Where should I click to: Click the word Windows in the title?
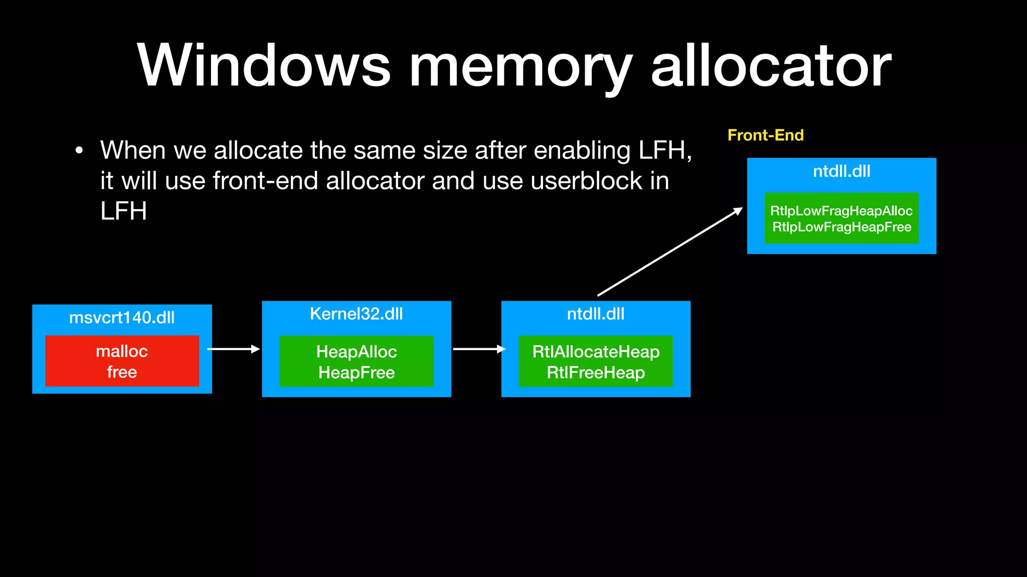pos(264,66)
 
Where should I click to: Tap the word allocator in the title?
pos(771,66)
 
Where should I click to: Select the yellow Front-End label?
pos(765,135)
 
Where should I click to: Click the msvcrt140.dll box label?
pos(122,318)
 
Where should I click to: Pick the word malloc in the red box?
pos(122,351)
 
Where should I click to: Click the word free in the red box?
pos(122,372)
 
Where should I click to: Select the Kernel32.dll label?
pos(356,314)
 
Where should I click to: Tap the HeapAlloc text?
pos(356,352)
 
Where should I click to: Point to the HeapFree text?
pos(356,373)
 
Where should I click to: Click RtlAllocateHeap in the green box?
pos(596,352)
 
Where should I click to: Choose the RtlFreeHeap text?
pos(596,373)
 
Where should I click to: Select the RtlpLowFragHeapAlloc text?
pos(841,211)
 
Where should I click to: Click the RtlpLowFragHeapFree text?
pos(841,227)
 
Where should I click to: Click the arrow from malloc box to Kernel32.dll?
pos(233,349)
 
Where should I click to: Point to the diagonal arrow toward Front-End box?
pos(669,252)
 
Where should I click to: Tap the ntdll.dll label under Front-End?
pos(841,171)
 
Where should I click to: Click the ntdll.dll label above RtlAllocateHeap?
pos(596,314)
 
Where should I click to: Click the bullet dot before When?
pos(79,151)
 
